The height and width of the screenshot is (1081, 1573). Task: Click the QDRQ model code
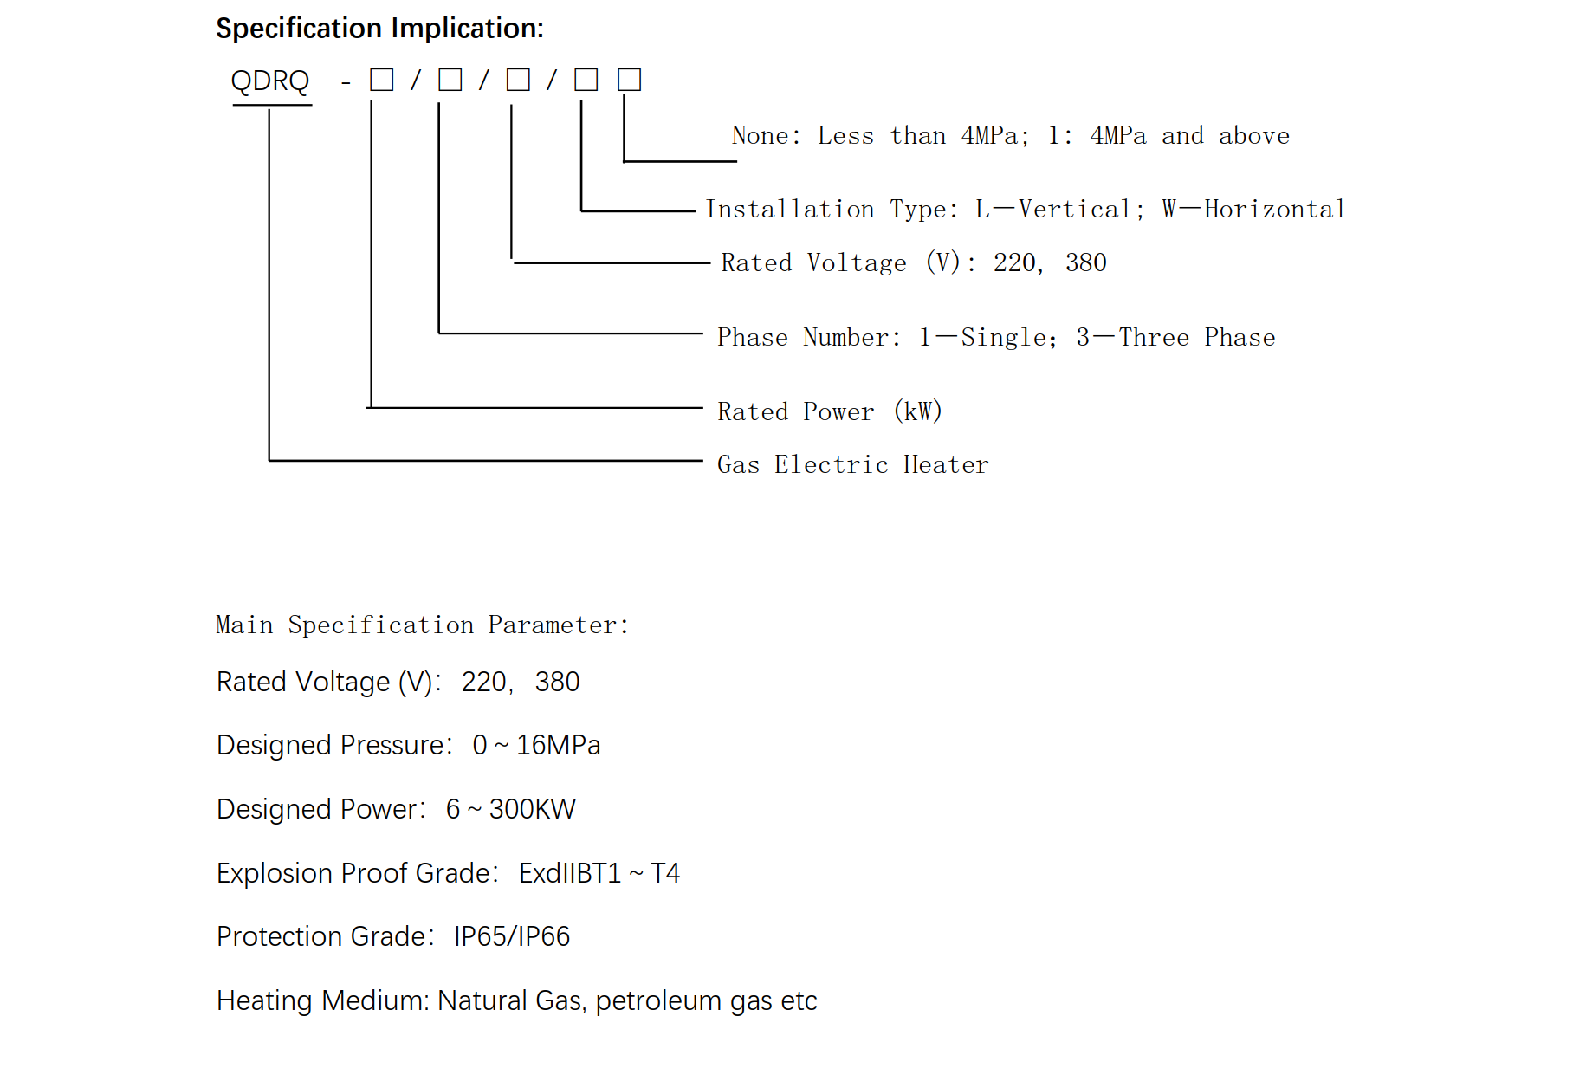270,81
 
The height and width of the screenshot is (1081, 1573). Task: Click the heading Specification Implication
379,29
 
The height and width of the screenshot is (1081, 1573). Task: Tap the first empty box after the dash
382,80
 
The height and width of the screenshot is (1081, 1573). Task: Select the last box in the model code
629,80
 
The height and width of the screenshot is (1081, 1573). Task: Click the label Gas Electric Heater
853,465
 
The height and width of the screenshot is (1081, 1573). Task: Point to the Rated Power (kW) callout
830,411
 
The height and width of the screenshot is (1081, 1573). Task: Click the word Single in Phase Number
1009,337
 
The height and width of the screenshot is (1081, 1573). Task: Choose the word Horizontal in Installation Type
1275,209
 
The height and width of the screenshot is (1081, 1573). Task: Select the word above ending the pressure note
1254,135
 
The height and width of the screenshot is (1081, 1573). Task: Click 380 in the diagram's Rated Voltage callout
1086,262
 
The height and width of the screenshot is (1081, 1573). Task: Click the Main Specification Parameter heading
422,625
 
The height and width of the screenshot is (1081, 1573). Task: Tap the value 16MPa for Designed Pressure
559,745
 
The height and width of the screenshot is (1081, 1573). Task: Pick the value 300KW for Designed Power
533,809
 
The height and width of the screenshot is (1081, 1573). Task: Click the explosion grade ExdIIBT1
570,873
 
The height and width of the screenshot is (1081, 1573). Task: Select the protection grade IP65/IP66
512,936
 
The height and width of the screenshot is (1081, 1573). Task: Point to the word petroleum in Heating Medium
659,1001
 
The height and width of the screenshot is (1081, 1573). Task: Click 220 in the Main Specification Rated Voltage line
484,682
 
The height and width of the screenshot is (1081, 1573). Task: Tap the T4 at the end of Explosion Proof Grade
665,873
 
